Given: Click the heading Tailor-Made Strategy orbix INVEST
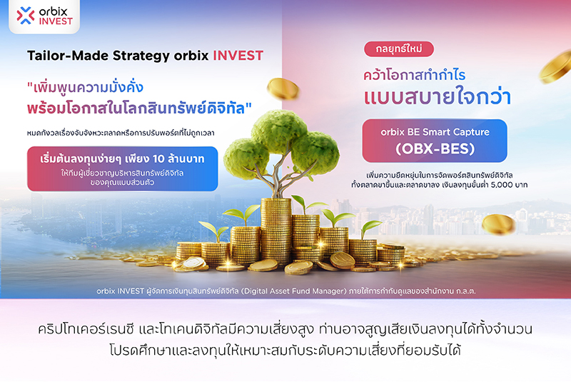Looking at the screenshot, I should [x=145, y=56].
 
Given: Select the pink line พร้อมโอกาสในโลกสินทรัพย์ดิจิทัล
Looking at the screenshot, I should [x=140, y=109].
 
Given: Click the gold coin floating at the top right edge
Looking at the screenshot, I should [x=557, y=67].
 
